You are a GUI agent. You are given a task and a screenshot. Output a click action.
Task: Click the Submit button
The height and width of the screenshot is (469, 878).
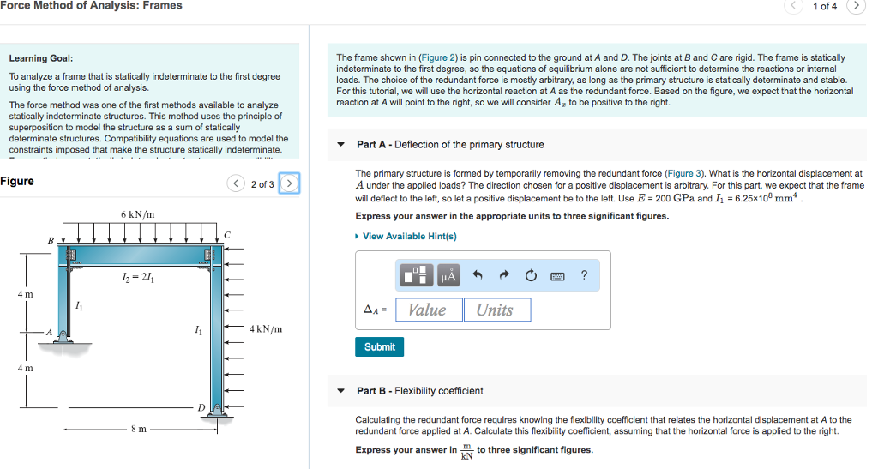[x=379, y=346]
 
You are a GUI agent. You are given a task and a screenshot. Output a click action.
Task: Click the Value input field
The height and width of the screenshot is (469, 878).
[x=427, y=310]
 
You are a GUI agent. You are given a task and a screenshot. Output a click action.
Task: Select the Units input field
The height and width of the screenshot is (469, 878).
[x=496, y=310]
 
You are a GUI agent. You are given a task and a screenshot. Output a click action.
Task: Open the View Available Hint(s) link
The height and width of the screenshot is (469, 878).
[x=409, y=236]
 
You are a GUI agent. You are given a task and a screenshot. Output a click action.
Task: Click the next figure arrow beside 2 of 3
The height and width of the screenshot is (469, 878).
[x=290, y=183]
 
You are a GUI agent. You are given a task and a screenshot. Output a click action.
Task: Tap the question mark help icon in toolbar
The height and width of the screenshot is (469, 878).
[x=584, y=275]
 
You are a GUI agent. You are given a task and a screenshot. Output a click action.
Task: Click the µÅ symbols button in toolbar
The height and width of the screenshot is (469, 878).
[x=448, y=275]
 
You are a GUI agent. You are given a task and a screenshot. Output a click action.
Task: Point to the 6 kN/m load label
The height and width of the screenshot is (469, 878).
[x=137, y=213]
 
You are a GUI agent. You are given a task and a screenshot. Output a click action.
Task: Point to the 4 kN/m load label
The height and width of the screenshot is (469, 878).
[x=266, y=328]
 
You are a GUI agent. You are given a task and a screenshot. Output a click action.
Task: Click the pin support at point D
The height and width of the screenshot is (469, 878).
[x=218, y=413]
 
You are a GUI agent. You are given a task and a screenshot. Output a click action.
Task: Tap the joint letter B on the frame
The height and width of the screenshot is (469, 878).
[x=50, y=239]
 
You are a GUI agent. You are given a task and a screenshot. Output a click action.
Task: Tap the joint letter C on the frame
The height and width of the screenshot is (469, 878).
[x=226, y=234]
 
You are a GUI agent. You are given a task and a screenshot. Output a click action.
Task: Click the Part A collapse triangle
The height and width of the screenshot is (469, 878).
[x=340, y=144]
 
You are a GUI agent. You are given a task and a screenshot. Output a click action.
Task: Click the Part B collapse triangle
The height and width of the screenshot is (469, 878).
[x=340, y=390]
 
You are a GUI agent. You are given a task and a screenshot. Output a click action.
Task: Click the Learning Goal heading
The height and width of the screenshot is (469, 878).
[x=40, y=58]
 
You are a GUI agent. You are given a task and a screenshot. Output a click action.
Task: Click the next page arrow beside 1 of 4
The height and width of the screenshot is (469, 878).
[x=855, y=6]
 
